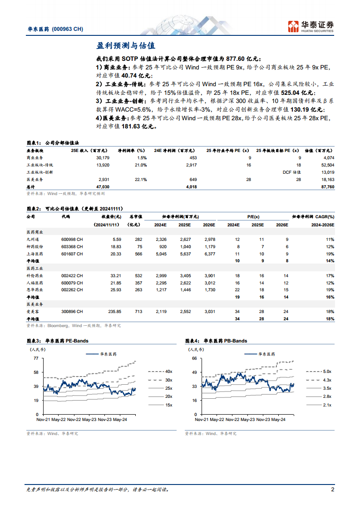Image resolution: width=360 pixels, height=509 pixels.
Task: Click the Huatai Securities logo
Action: (311, 26)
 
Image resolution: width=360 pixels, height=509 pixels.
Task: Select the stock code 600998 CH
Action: (72, 239)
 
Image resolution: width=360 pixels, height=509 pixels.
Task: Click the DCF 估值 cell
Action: (291, 172)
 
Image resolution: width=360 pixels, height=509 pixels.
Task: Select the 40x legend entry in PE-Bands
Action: (168, 371)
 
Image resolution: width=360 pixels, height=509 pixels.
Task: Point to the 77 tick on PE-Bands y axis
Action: (35, 358)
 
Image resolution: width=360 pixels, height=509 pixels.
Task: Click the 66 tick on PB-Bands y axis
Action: (194, 358)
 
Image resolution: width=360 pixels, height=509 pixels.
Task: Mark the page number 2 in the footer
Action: (332, 489)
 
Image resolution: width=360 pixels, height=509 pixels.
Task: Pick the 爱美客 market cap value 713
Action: (138, 312)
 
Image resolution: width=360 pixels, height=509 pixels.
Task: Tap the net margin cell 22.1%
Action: (141, 180)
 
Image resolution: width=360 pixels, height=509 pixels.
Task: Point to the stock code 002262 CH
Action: (72, 289)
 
